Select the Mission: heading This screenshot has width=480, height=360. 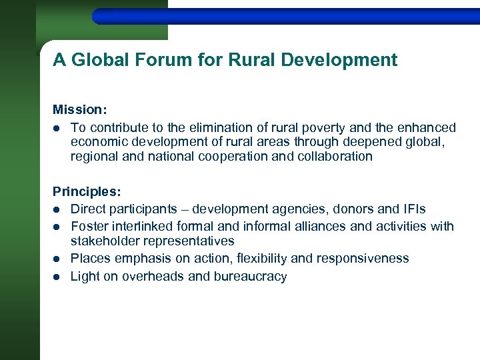coord(79,109)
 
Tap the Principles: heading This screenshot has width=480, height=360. coord(87,191)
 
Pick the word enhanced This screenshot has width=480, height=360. coord(427,127)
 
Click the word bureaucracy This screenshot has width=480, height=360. coord(250,276)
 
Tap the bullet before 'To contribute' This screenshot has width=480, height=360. coord(58,127)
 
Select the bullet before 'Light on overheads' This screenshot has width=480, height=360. coord(58,276)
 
